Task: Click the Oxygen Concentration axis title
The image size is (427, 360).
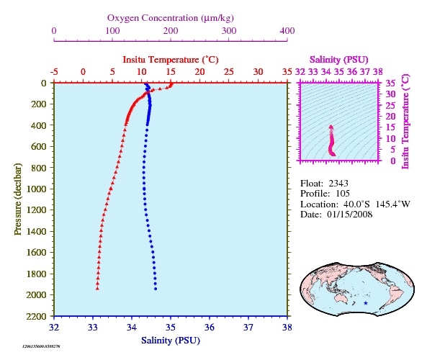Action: pyautogui.click(x=171, y=18)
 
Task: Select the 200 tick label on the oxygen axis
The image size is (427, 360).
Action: pyautogui.click(x=171, y=31)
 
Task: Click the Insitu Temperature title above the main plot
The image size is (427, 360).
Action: pyautogui.click(x=171, y=59)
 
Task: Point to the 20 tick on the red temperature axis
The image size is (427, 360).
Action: pyautogui.click(x=199, y=71)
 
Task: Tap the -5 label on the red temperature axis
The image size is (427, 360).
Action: pyautogui.click(x=54, y=72)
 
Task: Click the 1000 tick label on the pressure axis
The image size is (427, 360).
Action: pyautogui.click(x=37, y=189)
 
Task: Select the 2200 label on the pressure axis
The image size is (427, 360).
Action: pyautogui.click(x=37, y=316)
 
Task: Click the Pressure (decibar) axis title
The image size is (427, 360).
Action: pyautogui.click(x=17, y=199)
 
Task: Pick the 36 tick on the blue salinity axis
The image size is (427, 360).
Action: pyautogui.click(x=210, y=327)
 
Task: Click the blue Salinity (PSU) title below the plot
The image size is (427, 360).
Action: pyautogui.click(x=171, y=341)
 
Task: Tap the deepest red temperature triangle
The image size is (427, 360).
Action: pyautogui.click(x=97, y=289)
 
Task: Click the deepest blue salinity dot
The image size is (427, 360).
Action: pyautogui.click(x=156, y=289)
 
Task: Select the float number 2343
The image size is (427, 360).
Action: pyautogui.click(x=338, y=184)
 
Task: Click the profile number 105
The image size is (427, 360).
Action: pyautogui.click(x=343, y=194)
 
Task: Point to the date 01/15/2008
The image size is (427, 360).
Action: pyautogui.click(x=350, y=215)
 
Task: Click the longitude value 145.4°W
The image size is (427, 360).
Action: pyautogui.click(x=393, y=204)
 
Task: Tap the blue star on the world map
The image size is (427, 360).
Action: pyautogui.click(x=366, y=303)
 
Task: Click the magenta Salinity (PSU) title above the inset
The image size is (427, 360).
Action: pyautogui.click(x=338, y=59)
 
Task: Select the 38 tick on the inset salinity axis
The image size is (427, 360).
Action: pyautogui.click(x=378, y=71)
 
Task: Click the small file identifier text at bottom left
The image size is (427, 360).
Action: pyautogui.click(x=41, y=346)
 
